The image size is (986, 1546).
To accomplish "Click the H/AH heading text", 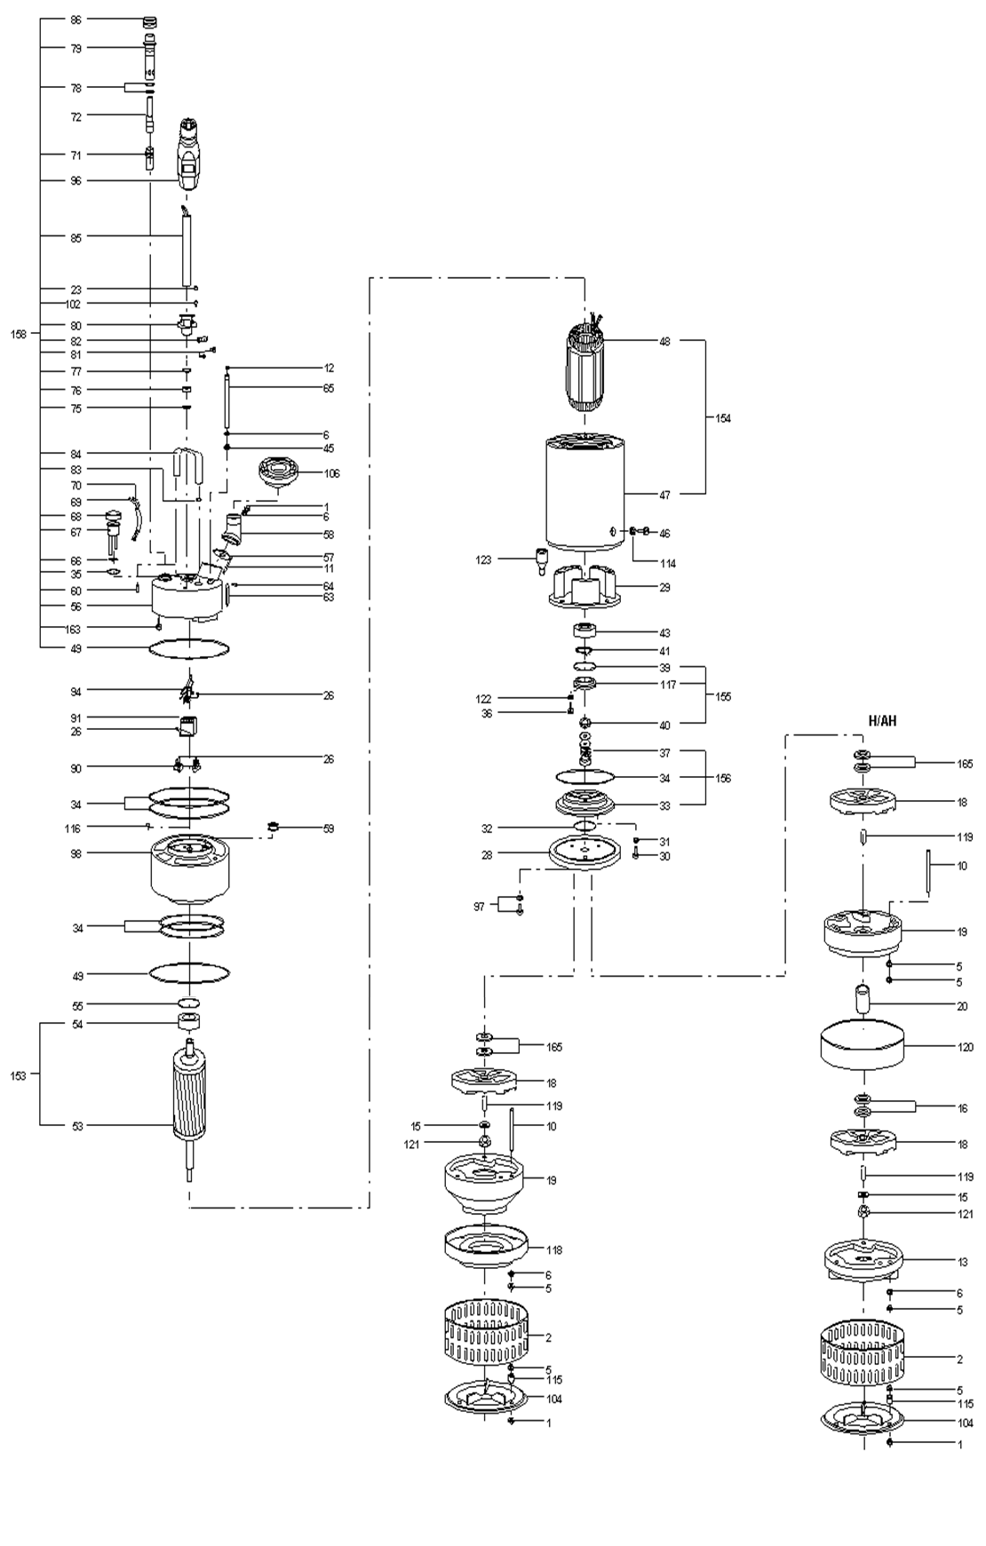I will pyautogui.click(x=882, y=721).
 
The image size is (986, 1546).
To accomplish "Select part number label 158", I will pyautogui.click(x=19, y=334).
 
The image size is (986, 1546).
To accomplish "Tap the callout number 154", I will pyautogui.click(x=723, y=418).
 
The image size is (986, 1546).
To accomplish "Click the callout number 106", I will pyautogui.click(x=331, y=473).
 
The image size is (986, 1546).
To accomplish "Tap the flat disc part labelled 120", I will pyautogui.click(x=863, y=1046).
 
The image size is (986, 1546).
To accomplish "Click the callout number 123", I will pyautogui.click(x=483, y=560).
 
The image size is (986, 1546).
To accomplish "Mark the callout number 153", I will pyautogui.click(x=19, y=1075).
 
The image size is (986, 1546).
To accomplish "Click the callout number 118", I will pyautogui.click(x=554, y=1250).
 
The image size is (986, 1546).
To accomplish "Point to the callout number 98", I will pyautogui.click(x=76, y=853).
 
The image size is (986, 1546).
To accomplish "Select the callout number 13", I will pyautogui.click(x=963, y=1261).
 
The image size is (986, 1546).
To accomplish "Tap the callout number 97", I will pyautogui.click(x=480, y=907).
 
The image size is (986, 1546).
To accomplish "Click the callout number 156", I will pyautogui.click(x=723, y=779).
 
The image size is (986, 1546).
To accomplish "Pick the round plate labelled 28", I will pyautogui.click(x=584, y=853).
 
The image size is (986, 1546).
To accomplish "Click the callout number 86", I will pyautogui.click(x=76, y=20).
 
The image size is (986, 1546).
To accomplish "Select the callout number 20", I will pyautogui.click(x=963, y=1006).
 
